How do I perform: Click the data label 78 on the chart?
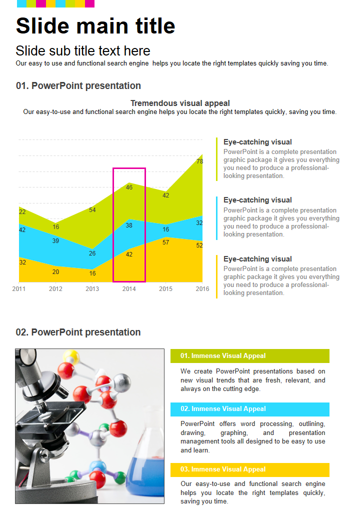pyautogui.click(x=199, y=161)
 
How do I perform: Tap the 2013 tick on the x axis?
pyautogui.click(x=92, y=289)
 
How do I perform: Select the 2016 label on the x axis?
pyautogui.click(x=202, y=289)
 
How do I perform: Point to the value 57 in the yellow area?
pyautogui.click(x=165, y=242)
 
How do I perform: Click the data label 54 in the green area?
pyautogui.click(x=92, y=210)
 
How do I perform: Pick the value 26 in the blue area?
pyautogui.click(x=92, y=253)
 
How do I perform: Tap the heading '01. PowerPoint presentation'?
pyautogui.click(x=78, y=85)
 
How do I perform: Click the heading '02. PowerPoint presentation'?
pyautogui.click(x=78, y=332)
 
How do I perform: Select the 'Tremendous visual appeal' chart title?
pyautogui.click(x=180, y=103)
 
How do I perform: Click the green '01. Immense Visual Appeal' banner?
pyautogui.click(x=249, y=356)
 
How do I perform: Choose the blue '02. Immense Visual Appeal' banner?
pyautogui.click(x=249, y=409)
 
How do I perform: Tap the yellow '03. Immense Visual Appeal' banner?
pyautogui.click(x=249, y=469)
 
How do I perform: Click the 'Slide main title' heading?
pyautogui.click(x=95, y=26)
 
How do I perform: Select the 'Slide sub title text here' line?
pyautogui.click(x=83, y=50)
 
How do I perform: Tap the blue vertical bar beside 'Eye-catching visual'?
pyautogui.click(x=217, y=218)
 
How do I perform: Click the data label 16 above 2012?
pyautogui.click(x=56, y=227)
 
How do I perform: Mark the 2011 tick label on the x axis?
pyautogui.click(x=19, y=289)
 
